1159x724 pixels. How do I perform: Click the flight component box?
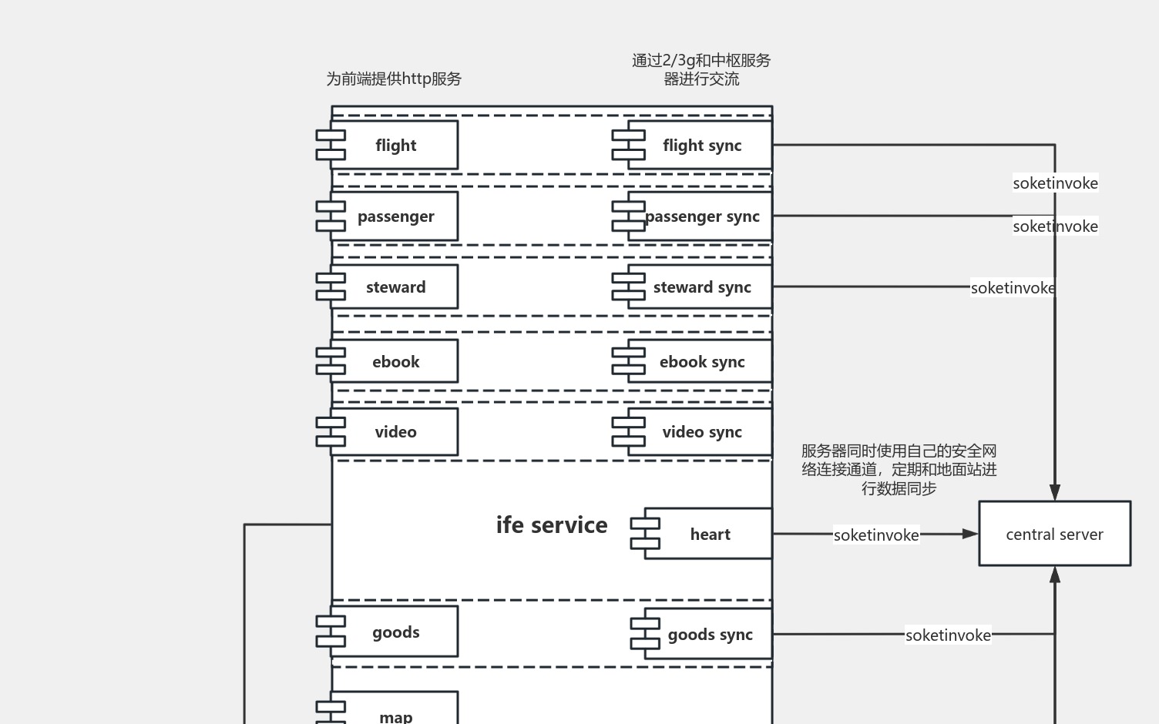pyautogui.click(x=395, y=145)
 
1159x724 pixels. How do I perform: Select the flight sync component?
pyautogui.click(x=700, y=145)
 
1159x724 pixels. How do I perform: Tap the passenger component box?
pyautogui.click(x=395, y=216)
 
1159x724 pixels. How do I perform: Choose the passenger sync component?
pyautogui.click(x=700, y=216)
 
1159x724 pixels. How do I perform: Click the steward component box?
pyautogui.click(x=395, y=287)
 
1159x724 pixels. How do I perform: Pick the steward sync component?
pyautogui.click(x=700, y=287)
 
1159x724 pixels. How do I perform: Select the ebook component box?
pyautogui.click(x=395, y=361)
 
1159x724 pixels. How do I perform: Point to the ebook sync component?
pyautogui.click(x=700, y=361)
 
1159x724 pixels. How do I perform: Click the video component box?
pyautogui.click(x=395, y=432)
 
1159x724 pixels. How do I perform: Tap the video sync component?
pyautogui.click(x=700, y=432)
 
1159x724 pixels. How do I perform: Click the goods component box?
pyautogui.click(x=395, y=632)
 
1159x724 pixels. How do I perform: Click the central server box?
pyautogui.click(x=1054, y=534)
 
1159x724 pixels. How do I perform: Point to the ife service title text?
pyautogui.click(x=552, y=525)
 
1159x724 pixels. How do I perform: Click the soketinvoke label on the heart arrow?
pyautogui.click(x=876, y=535)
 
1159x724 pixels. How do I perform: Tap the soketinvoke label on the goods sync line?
pyautogui.click(x=948, y=635)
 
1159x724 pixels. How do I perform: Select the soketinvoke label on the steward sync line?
pyautogui.click(x=1013, y=287)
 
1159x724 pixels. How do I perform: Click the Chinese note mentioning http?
pyautogui.click(x=394, y=79)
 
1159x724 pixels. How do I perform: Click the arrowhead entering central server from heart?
pyautogui.click(x=971, y=533)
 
